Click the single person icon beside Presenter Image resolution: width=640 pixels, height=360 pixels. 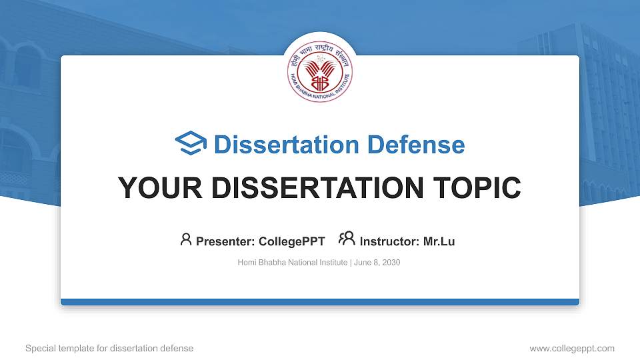[186, 239]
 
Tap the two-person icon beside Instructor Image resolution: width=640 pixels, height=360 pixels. [347, 239]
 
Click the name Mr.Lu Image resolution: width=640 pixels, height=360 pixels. [439, 241]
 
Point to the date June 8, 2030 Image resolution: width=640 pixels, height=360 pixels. [377, 263]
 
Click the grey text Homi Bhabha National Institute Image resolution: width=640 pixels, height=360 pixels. [292, 263]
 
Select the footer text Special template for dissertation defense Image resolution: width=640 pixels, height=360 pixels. [109, 348]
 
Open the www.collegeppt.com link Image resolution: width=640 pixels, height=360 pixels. [571, 348]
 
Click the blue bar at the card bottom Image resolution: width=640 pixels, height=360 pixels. [320, 302]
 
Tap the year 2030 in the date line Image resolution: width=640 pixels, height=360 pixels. [391, 263]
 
